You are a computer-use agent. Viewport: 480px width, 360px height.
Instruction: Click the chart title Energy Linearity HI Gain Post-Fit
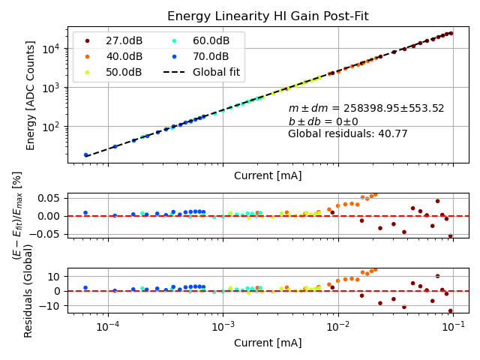tap(268, 16)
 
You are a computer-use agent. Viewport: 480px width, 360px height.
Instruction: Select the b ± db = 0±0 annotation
tap(323, 121)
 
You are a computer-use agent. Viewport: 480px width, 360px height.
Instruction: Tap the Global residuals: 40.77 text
tap(347, 134)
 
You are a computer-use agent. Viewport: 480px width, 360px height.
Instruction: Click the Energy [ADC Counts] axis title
tap(31, 95)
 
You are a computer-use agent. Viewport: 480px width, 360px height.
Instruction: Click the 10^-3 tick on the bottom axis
tap(223, 327)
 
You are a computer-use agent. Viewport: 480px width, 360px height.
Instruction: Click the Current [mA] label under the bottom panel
tap(268, 343)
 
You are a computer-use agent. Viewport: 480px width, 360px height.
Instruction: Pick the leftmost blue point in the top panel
tap(85, 155)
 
